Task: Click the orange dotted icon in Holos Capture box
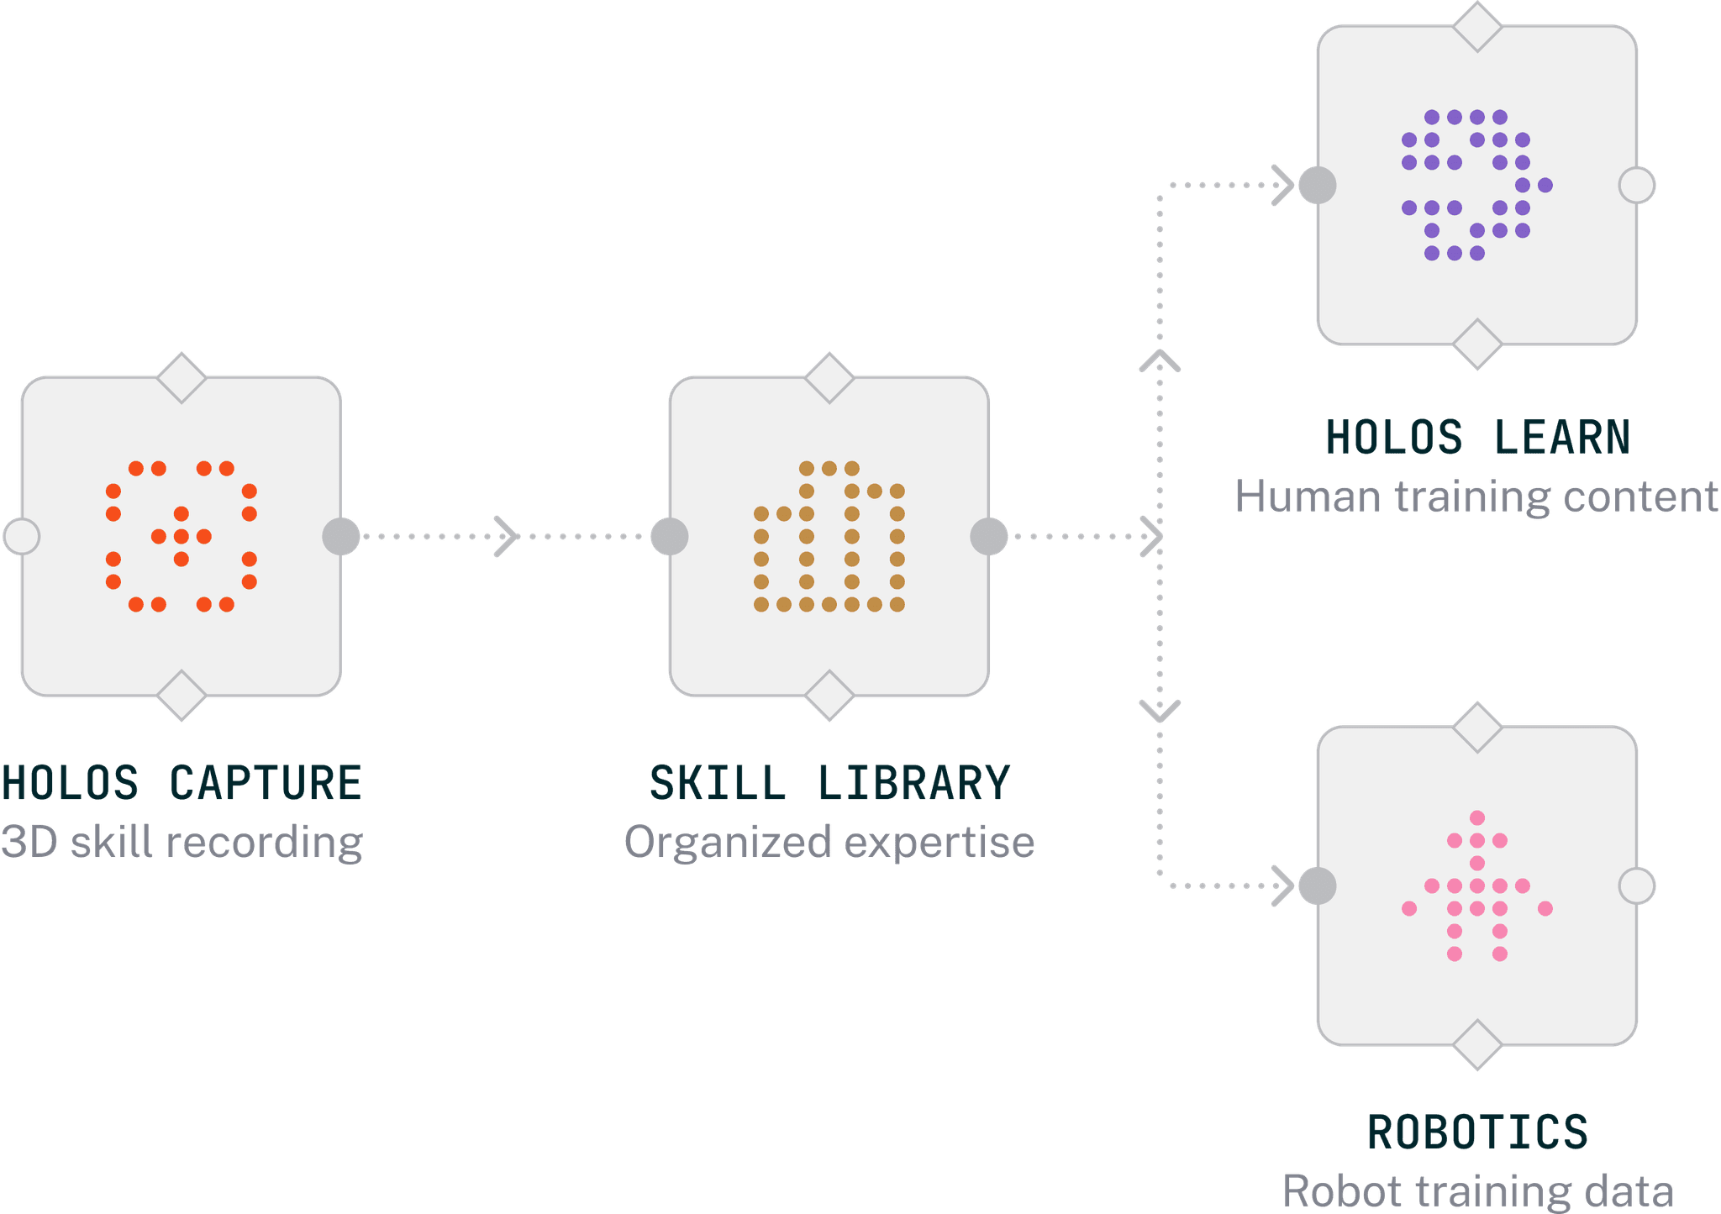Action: pos(181,536)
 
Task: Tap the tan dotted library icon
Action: pos(829,536)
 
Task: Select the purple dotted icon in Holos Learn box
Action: pos(1476,185)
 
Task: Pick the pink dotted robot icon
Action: pos(1476,886)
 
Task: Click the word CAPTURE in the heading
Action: pos(266,783)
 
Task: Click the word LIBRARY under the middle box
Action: pos(913,783)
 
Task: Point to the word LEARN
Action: pos(1561,438)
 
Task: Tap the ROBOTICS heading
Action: pos(1477,1132)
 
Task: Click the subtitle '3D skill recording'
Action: pos(182,842)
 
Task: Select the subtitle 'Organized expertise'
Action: pos(829,842)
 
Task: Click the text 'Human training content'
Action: pos(1476,497)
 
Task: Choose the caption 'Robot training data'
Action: pos(1477,1191)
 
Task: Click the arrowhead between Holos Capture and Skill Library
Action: pos(506,536)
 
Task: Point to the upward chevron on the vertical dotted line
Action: pos(1160,361)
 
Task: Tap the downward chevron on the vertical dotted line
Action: pos(1160,711)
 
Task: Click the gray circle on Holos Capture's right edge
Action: pos(341,536)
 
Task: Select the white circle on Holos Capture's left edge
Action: pos(22,536)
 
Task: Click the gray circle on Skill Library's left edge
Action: pos(670,536)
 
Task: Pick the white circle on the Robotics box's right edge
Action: pos(1637,886)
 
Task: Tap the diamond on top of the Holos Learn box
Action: pos(1477,27)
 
